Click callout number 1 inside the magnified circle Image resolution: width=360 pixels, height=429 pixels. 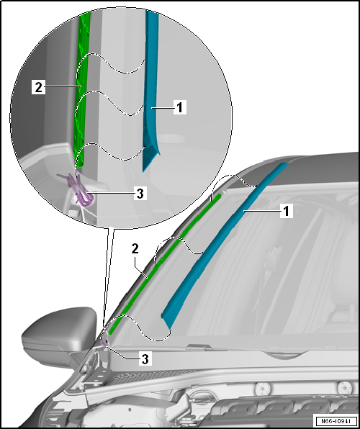181,107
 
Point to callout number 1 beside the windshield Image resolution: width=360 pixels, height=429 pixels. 286,212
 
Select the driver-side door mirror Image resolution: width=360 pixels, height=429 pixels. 58,335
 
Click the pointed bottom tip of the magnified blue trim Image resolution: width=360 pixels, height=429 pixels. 146,168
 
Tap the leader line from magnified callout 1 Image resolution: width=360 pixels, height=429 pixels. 164,108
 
